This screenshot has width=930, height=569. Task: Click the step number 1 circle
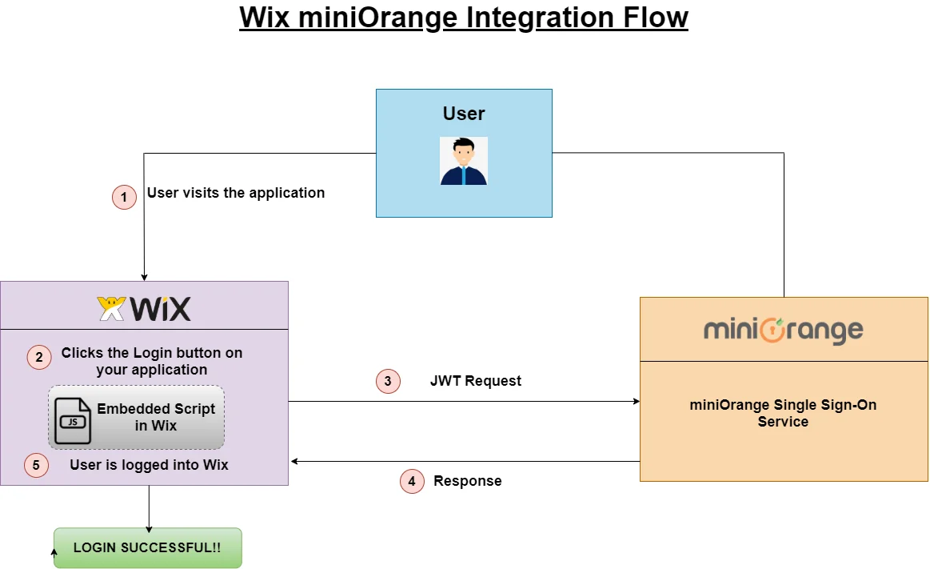(124, 197)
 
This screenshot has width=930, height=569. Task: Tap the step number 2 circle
(39, 357)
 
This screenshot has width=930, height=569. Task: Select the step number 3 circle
(388, 381)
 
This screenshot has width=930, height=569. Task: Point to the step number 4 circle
(412, 481)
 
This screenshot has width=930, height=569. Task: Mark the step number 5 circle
(36, 465)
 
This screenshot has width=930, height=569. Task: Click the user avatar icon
(464, 161)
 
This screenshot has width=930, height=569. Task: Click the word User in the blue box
(464, 114)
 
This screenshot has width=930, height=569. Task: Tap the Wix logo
(144, 308)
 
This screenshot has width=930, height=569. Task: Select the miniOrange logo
(783, 331)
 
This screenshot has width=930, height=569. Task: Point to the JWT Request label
(476, 381)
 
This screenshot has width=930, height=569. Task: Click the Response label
(468, 481)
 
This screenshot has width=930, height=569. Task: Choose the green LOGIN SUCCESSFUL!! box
(148, 548)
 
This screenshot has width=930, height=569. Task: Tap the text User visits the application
(236, 193)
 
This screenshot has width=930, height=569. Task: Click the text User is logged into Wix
(149, 465)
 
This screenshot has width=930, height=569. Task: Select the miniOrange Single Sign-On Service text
(783, 413)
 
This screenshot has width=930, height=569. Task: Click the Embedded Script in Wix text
(156, 417)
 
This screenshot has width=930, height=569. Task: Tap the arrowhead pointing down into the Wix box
(144, 276)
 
